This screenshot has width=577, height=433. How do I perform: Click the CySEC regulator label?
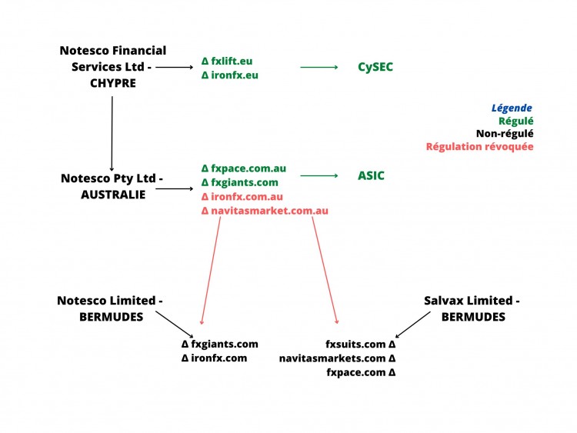click(375, 67)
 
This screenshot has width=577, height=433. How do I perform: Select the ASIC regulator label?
click(371, 175)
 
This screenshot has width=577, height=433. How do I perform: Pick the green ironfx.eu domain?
click(234, 75)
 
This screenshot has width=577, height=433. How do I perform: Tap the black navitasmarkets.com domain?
click(336, 358)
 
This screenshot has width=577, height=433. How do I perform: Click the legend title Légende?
click(512, 108)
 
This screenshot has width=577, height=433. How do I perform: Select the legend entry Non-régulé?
click(505, 133)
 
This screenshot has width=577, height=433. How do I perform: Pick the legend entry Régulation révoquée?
click(479, 146)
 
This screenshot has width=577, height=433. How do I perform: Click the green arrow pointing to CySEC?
click(319, 68)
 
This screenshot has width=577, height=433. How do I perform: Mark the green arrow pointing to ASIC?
click(319, 176)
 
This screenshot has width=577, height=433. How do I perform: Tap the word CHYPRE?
click(112, 84)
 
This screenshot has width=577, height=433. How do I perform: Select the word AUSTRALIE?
click(112, 195)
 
